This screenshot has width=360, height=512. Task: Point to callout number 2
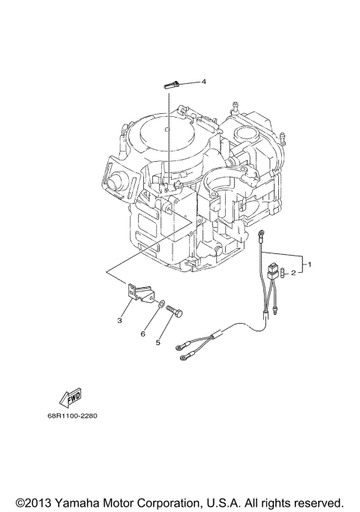pyautogui.click(x=294, y=274)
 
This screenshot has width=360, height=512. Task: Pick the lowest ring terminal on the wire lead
pyautogui.click(x=181, y=358)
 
